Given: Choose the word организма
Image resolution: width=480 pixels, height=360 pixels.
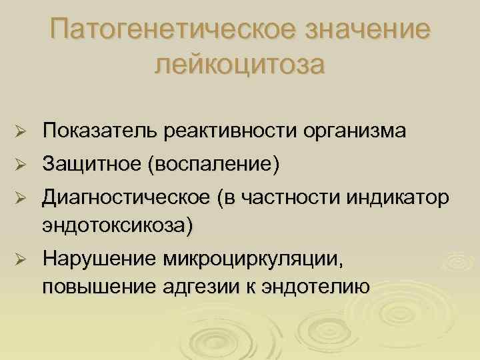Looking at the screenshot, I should click(x=352, y=131).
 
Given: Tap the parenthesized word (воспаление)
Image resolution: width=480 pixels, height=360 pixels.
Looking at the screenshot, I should click(x=213, y=163).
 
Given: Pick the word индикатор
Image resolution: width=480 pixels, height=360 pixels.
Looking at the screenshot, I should click(x=399, y=197).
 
